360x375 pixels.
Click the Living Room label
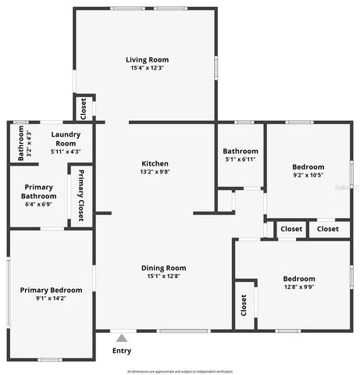(x=147, y=59)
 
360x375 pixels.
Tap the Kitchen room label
(x=155, y=163)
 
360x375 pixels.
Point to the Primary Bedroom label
(x=51, y=290)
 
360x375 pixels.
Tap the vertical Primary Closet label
(x=80, y=195)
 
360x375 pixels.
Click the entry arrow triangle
(x=121, y=338)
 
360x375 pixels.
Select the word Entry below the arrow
(x=121, y=351)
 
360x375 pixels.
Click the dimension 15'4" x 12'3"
(x=147, y=68)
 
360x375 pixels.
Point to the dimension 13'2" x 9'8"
(x=155, y=172)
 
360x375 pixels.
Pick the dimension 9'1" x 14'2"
(x=51, y=298)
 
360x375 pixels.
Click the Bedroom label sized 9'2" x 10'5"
(x=308, y=166)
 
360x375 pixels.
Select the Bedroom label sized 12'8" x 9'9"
(x=298, y=279)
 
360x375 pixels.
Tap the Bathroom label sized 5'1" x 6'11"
(x=240, y=151)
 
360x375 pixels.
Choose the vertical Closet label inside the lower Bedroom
(x=244, y=303)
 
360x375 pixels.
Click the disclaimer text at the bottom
(x=180, y=371)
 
